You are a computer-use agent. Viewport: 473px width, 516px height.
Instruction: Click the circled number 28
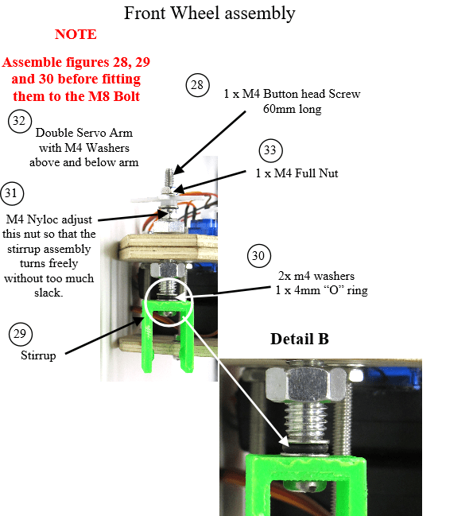pyautogui.click(x=197, y=85)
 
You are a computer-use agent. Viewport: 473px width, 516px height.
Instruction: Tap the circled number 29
pyautogui.click(x=21, y=334)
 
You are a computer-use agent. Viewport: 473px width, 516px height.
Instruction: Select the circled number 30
pyautogui.click(x=259, y=256)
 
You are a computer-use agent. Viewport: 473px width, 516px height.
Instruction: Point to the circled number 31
pyautogui.click(x=12, y=193)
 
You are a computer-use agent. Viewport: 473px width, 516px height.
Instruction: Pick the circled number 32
pyautogui.click(x=20, y=121)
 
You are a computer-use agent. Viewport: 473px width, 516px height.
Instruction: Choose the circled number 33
pyautogui.click(x=270, y=150)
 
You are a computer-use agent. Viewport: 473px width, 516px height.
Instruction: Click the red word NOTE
pyautogui.click(x=76, y=34)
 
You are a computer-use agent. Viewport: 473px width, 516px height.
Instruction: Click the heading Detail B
pyautogui.click(x=300, y=339)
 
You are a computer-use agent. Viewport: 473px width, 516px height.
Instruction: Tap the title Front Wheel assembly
pyautogui.click(x=210, y=14)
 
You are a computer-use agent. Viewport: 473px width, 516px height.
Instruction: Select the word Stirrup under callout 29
pyautogui.click(x=38, y=355)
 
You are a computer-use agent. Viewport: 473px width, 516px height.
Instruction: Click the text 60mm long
pyautogui.click(x=292, y=109)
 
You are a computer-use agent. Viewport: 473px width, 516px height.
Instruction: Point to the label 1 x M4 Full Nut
pyautogui.click(x=297, y=173)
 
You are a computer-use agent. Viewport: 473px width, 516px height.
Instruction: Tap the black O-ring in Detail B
pyautogui.click(x=305, y=448)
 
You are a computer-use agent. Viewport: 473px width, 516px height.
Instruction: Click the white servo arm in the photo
pyautogui.click(x=168, y=199)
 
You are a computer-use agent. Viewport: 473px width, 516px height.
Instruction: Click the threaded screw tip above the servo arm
pyautogui.click(x=169, y=178)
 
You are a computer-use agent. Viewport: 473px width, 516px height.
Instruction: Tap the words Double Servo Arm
pyautogui.click(x=84, y=133)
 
